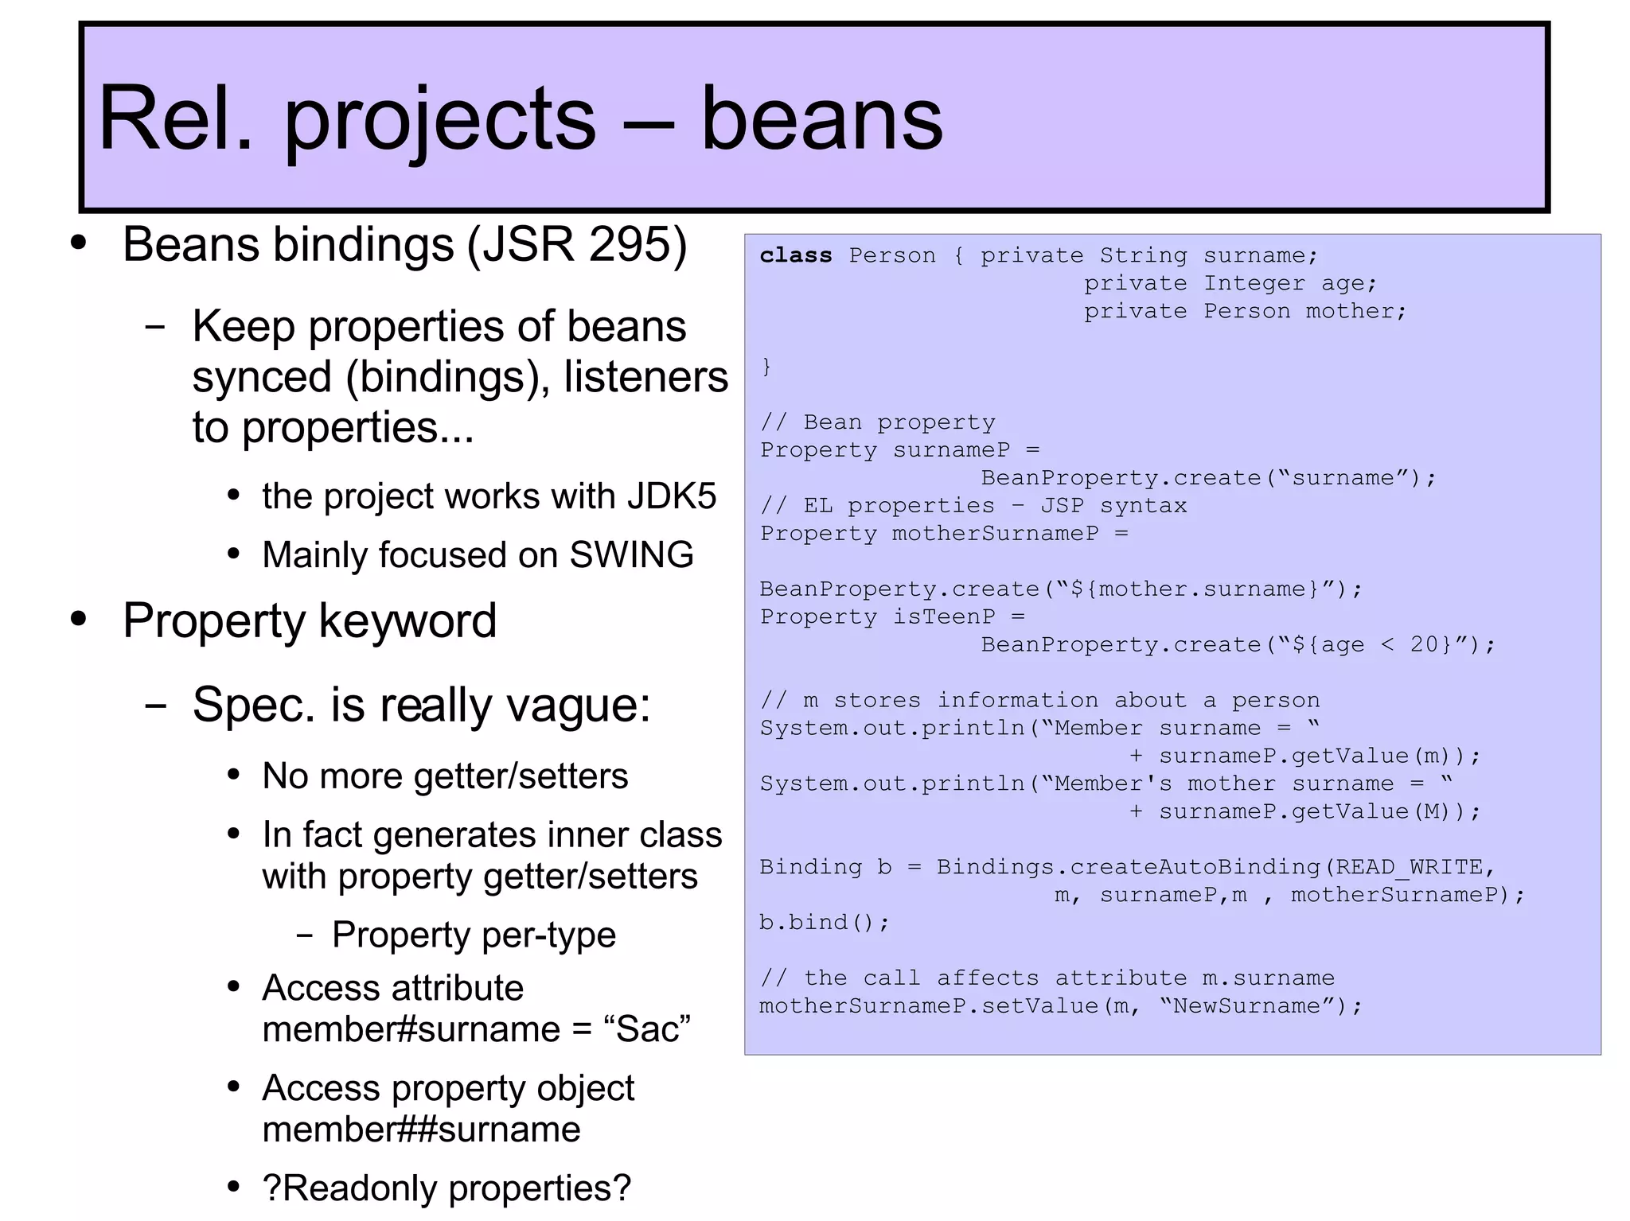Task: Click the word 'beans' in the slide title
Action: (x=821, y=119)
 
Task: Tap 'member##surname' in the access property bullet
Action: (x=421, y=1130)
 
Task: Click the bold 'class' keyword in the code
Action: (x=795, y=255)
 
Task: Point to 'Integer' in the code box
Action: (x=1254, y=283)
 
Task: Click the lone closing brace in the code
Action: (x=766, y=367)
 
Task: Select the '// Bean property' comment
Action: (x=877, y=422)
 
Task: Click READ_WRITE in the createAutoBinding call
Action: (x=1409, y=867)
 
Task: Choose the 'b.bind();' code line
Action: (x=824, y=923)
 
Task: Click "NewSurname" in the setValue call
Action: (x=1246, y=1006)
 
